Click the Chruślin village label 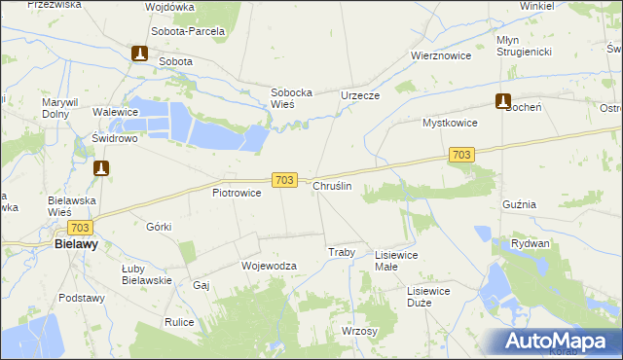click(332, 185)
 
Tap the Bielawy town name click(74, 245)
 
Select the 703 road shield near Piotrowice click(283, 180)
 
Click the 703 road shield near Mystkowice click(461, 155)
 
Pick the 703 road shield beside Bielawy click(80, 228)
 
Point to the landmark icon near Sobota click(139, 54)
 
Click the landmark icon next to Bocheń click(502, 100)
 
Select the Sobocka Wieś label click(290, 99)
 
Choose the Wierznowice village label click(441, 55)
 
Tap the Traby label click(341, 252)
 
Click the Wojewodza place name click(268, 265)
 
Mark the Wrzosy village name click(359, 331)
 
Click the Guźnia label click(519, 205)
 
